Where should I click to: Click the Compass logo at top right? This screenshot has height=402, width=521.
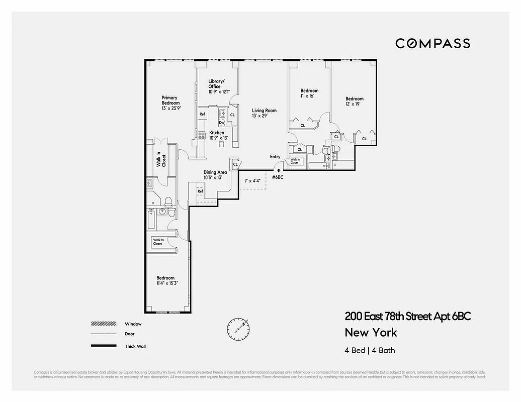pos(432,43)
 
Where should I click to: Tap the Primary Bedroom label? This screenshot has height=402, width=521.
pos(169,100)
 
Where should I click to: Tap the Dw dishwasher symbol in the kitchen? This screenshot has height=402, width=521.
pos(222,123)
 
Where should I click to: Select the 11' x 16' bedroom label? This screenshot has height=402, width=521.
pos(309,93)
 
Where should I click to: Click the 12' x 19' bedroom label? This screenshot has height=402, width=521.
pos(354,102)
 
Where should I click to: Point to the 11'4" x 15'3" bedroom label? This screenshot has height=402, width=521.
pos(166,281)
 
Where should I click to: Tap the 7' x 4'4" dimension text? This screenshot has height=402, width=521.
pos(252,180)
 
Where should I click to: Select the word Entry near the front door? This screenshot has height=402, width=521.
pos(275,157)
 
